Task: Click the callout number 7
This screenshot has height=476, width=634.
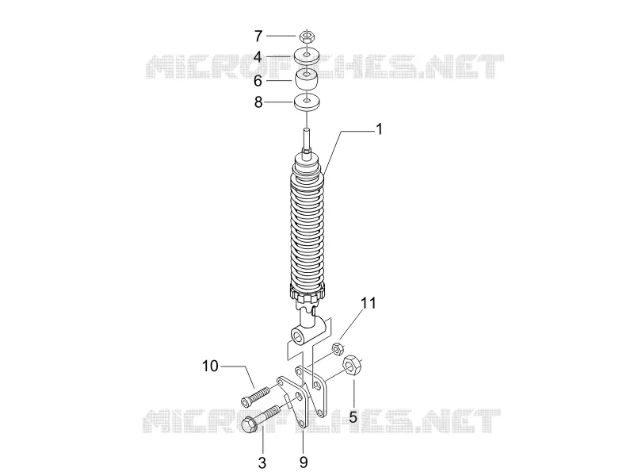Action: tap(258, 36)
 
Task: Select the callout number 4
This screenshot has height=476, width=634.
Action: tap(258, 57)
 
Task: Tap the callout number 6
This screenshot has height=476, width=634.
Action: tap(258, 81)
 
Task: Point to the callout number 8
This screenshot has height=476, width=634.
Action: tap(258, 102)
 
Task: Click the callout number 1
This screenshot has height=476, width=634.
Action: tap(379, 129)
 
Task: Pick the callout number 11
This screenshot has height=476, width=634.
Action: tap(369, 303)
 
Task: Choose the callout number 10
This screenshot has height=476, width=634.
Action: tap(210, 366)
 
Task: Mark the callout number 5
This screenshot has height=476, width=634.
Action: tap(353, 416)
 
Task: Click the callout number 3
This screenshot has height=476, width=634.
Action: tap(262, 463)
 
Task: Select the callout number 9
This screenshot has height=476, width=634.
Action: tap(304, 463)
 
